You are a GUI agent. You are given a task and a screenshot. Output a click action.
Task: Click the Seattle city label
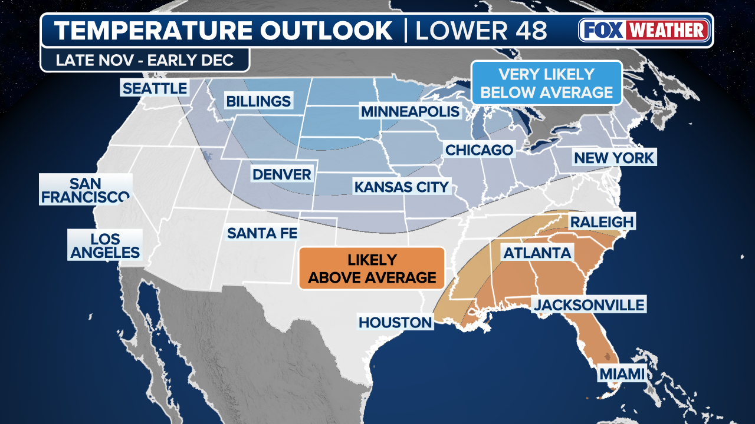coord(154,89)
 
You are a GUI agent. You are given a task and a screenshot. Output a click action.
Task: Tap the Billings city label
coord(258,101)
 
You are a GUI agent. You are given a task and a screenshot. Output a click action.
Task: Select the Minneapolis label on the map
coord(410,111)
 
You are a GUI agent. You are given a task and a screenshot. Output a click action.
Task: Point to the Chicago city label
coord(479,150)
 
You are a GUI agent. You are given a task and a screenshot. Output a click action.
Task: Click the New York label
coord(614,158)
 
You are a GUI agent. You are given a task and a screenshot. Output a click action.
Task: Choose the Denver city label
coord(281,174)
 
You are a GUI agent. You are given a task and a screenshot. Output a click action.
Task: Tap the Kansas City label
coord(401,187)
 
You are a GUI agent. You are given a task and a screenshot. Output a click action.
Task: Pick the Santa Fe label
coord(262,233)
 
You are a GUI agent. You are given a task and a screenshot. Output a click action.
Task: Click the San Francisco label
coord(86,190)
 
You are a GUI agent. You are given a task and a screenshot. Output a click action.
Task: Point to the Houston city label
coord(395,322)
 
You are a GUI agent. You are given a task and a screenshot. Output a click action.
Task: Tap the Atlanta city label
coord(537,253)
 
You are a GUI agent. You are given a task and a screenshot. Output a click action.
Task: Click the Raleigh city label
coord(601,222)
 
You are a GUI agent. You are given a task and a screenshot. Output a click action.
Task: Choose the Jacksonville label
coord(589,305)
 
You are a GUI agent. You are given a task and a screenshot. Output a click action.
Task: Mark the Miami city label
coord(622,374)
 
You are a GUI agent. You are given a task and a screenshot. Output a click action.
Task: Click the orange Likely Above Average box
coord(372,269)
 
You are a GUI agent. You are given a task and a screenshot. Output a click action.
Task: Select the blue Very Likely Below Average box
coord(547,83)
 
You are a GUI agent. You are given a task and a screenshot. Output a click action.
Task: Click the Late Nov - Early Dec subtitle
coord(145,60)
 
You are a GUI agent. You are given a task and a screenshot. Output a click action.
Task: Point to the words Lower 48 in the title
coord(481,31)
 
